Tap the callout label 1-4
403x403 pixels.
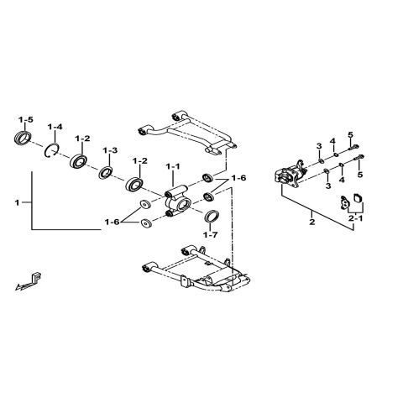(x=55, y=128)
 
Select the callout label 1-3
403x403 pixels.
(x=110, y=150)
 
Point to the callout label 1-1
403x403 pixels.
(x=172, y=167)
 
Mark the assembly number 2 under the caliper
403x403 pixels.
(x=311, y=222)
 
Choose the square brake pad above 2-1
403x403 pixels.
(x=353, y=200)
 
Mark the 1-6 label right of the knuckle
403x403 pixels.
(x=238, y=179)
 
